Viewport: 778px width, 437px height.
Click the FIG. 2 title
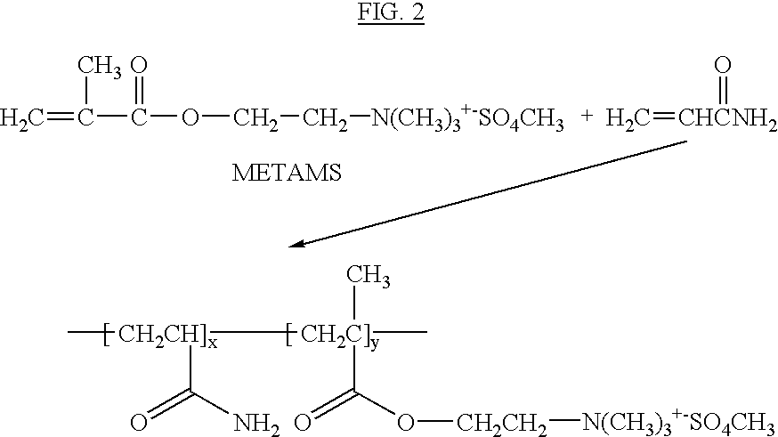(x=391, y=12)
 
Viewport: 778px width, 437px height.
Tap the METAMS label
(x=287, y=174)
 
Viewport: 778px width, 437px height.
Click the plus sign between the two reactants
(x=587, y=116)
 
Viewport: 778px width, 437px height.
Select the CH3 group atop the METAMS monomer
(x=99, y=68)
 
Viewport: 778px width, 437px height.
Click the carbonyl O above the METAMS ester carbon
(x=140, y=65)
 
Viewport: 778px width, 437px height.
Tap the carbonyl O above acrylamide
(x=723, y=65)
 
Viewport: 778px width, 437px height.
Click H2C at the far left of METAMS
(x=22, y=119)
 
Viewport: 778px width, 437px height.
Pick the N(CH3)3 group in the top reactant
(x=416, y=119)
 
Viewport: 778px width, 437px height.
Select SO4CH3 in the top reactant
(x=521, y=119)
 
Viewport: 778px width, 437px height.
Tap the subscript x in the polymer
(x=213, y=343)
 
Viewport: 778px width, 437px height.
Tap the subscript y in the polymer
(x=374, y=344)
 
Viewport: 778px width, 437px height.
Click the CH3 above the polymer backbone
(x=368, y=277)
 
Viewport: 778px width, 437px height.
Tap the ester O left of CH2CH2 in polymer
(x=405, y=423)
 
